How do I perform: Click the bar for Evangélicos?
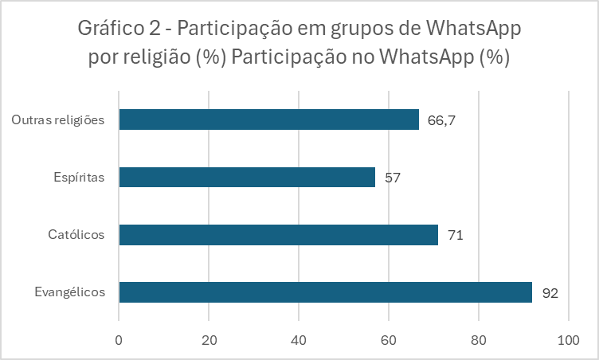tap(325, 292)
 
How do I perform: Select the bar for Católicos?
tap(278, 235)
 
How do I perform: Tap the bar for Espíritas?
tap(247, 177)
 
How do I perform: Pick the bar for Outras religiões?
tap(268, 119)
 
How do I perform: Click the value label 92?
tap(550, 293)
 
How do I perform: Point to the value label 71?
tap(456, 236)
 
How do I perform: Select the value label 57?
tap(392, 178)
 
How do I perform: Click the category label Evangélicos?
tap(69, 292)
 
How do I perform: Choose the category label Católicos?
tap(77, 235)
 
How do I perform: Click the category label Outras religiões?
tap(59, 119)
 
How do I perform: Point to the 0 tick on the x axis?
tap(119, 339)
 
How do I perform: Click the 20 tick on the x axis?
tap(209, 339)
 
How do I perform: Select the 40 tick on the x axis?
tap(299, 339)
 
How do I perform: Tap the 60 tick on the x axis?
tap(389, 339)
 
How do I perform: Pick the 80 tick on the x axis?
tap(479, 339)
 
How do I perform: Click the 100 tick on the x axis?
tap(568, 339)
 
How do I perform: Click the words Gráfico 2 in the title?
tap(122, 30)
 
